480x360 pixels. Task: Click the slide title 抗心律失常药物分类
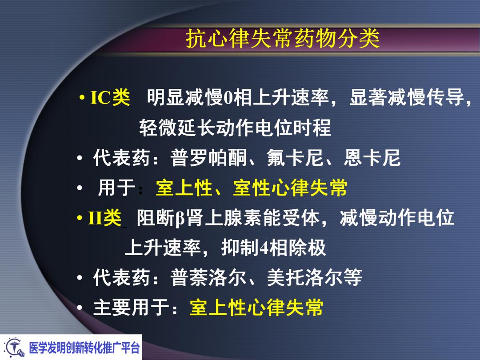click(x=283, y=39)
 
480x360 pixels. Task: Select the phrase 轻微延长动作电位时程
click(x=235, y=128)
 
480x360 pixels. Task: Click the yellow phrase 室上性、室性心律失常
click(x=252, y=188)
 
